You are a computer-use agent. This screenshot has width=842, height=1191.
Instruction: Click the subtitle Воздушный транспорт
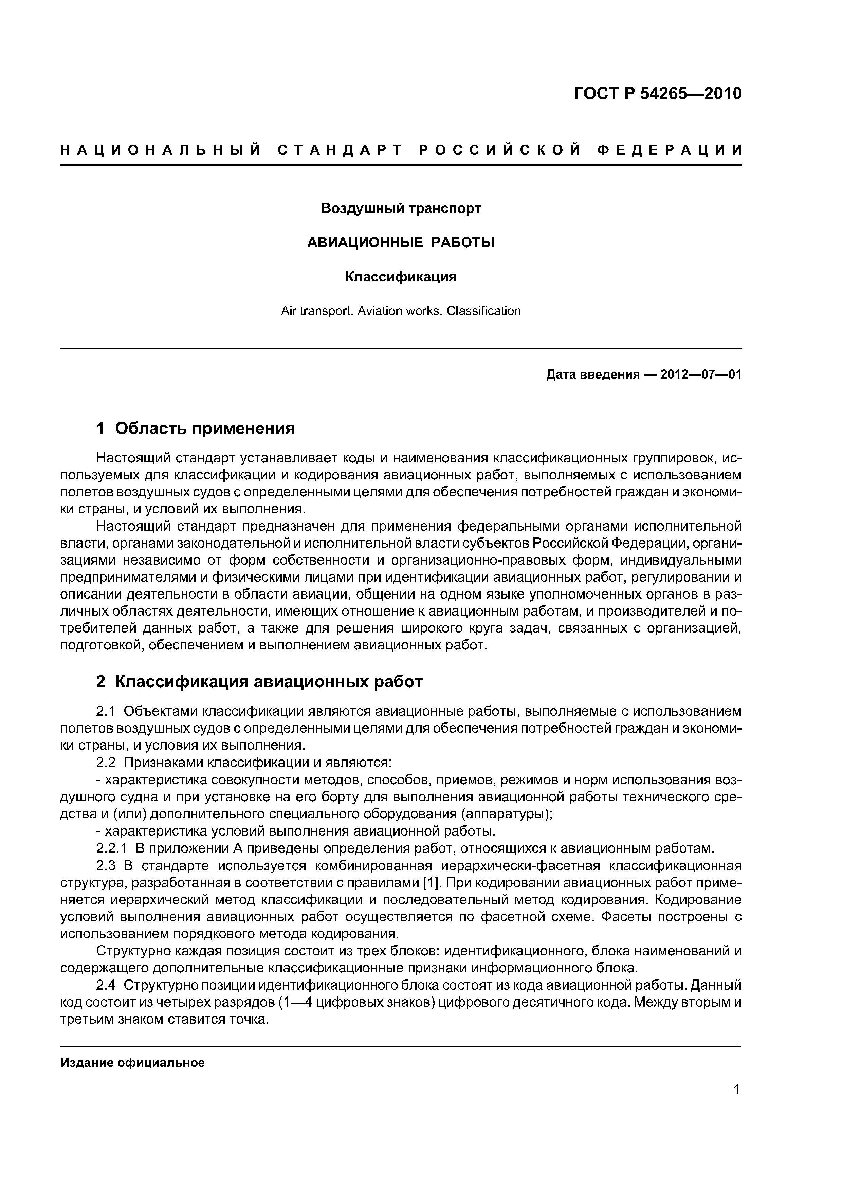pos(401,208)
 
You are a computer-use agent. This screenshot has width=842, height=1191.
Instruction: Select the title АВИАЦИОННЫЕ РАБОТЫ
pos(401,243)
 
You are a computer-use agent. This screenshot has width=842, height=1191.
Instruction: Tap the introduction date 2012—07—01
pos(700,374)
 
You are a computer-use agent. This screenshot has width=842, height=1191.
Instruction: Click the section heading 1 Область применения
pos(196,428)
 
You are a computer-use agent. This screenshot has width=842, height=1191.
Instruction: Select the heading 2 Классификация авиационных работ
pos(259,682)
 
